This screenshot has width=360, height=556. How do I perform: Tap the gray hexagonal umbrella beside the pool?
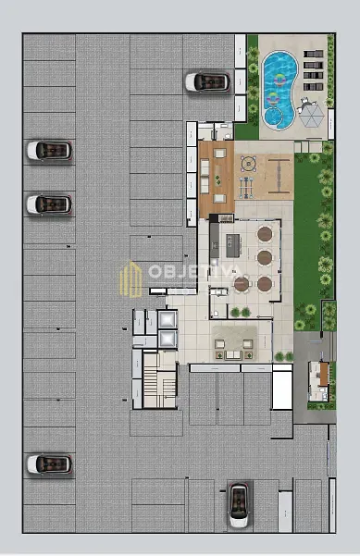(x=311, y=116)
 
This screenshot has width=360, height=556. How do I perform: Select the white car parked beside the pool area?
(x=207, y=82)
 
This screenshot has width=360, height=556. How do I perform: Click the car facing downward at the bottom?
(x=239, y=505)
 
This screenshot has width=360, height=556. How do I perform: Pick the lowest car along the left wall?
(x=50, y=464)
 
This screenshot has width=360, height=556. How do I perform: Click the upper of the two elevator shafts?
(x=168, y=320)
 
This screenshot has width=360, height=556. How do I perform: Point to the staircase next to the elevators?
(x=159, y=380)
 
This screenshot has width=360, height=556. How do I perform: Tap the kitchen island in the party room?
(x=233, y=245)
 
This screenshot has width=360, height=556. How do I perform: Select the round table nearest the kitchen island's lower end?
(x=242, y=284)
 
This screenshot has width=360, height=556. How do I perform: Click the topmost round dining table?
(x=265, y=234)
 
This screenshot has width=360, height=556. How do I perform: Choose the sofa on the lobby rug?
(x=233, y=354)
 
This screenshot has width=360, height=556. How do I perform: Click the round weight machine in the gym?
(x=248, y=164)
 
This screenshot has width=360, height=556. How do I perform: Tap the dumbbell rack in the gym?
(x=246, y=187)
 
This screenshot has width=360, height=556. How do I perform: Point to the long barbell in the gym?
(x=279, y=176)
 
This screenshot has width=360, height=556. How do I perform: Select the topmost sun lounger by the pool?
(x=313, y=54)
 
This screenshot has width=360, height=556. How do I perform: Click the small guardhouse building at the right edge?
(x=319, y=381)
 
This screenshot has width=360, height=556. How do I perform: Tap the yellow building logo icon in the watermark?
(x=130, y=279)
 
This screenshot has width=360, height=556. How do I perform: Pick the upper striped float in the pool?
(x=279, y=80)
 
